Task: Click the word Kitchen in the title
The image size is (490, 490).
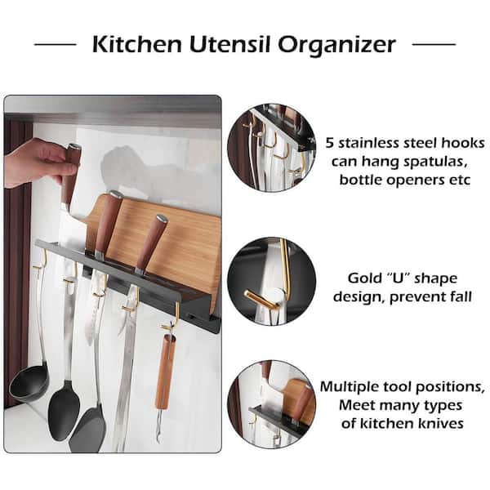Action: pos(137,44)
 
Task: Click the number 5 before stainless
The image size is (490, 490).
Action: pos(330,143)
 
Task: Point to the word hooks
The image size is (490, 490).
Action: pos(463,143)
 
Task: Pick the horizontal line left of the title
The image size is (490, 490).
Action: pos(55,44)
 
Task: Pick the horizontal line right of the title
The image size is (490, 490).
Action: pos(434,44)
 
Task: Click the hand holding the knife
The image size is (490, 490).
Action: pos(38,163)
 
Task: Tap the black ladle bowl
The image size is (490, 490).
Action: pos(29,383)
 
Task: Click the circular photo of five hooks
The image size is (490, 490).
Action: pos(271,148)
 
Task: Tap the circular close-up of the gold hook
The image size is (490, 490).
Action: pos(271,281)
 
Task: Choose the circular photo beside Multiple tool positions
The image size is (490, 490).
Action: pos(271,404)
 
